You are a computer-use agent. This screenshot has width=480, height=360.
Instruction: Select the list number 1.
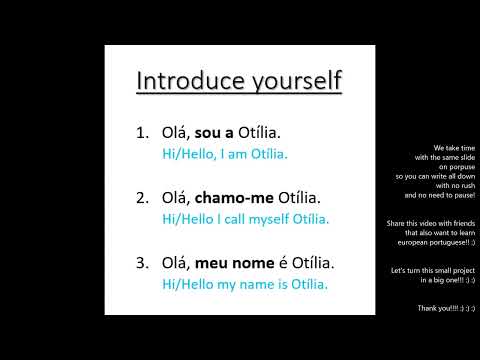141,132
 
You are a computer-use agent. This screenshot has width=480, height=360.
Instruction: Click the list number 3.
141,263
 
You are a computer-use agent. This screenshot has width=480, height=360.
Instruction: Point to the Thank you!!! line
446,309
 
